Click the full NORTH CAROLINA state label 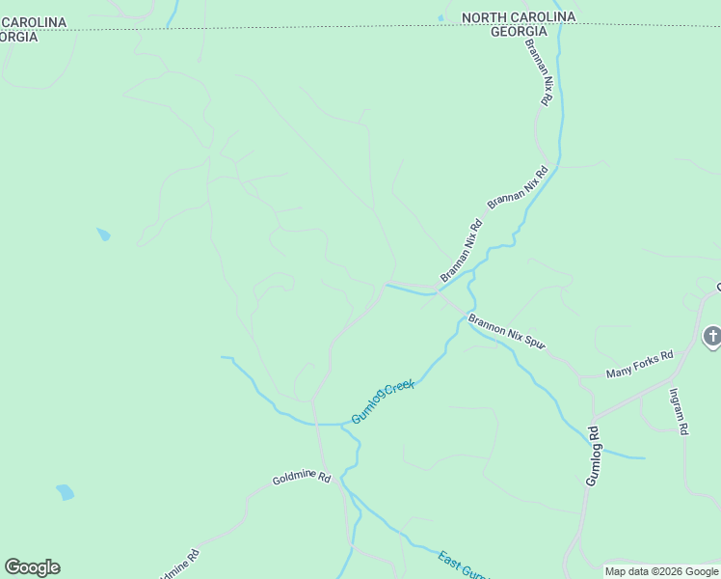(x=519, y=17)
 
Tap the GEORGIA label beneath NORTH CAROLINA (x=520, y=32)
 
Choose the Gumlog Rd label (x=594, y=455)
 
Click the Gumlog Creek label (x=383, y=401)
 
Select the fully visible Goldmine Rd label (x=302, y=479)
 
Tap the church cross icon (x=712, y=337)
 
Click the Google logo (x=32, y=567)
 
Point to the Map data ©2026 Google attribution (x=661, y=571)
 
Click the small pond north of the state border (x=441, y=17)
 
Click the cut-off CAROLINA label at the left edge (x=34, y=22)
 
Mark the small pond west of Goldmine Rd (x=65, y=492)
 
